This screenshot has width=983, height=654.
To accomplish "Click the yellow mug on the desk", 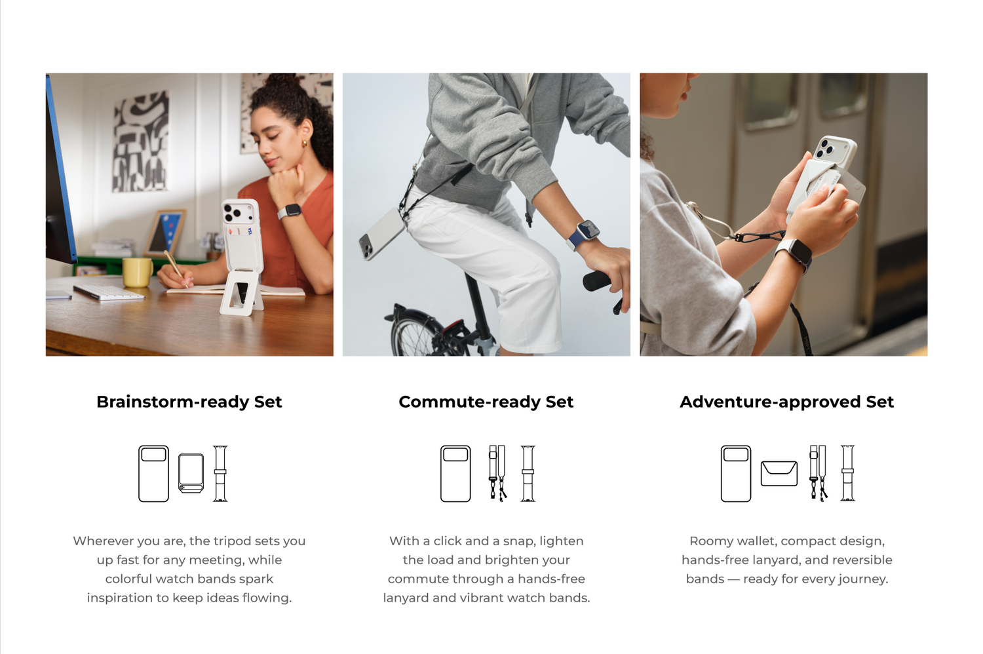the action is click(138, 272).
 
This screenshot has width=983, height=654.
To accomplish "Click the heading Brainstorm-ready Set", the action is click(189, 402).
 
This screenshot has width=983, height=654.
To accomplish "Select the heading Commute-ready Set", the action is click(486, 402).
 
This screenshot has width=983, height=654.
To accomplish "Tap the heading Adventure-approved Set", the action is click(786, 402).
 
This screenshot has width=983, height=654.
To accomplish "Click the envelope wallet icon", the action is click(779, 473).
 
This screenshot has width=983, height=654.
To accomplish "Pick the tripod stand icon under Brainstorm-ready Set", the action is click(191, 473).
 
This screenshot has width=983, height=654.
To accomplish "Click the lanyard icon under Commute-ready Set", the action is click(497, 473).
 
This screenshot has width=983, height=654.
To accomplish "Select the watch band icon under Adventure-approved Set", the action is click(847, 473).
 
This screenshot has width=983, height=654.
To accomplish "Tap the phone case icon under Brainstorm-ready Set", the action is click(153, 474).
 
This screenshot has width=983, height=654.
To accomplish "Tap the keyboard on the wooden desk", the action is click(108, 292).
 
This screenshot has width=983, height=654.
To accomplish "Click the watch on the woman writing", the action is click(290, 211).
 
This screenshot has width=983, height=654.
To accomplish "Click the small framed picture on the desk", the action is click(164, 233).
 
